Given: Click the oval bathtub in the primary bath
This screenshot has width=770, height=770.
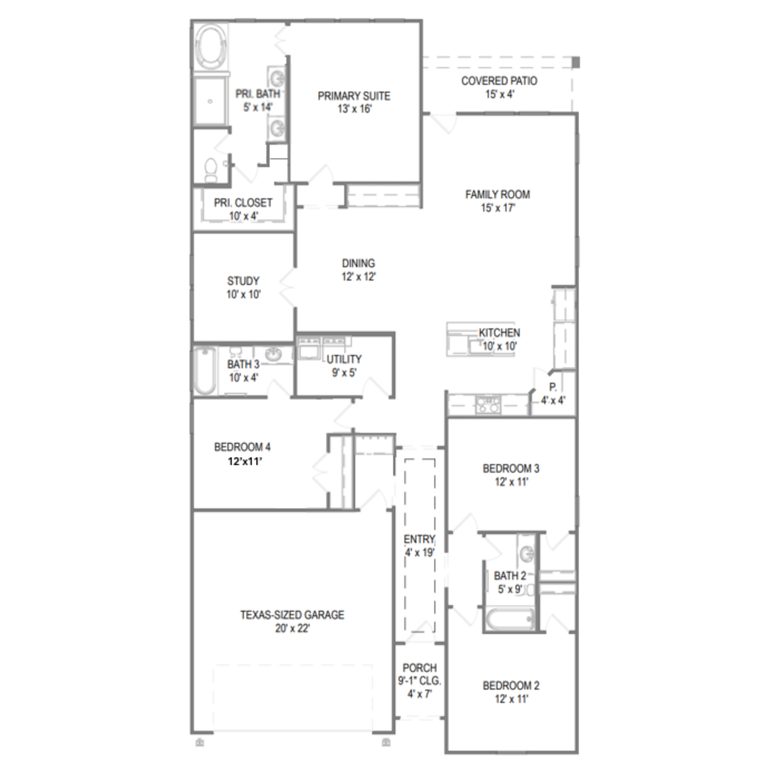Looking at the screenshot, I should coord(211,47).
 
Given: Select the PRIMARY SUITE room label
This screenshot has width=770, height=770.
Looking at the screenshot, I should coord(354,96).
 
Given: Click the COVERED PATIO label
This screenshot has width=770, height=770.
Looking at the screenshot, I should coord(499,81).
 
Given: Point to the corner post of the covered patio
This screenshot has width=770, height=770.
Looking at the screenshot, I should coord(576,63).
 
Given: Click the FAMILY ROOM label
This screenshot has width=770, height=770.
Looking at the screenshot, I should coord(497,195).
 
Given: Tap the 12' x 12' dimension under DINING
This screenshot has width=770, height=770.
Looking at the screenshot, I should coord(358,277).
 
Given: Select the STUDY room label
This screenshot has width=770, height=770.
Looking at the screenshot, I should coord(243,281).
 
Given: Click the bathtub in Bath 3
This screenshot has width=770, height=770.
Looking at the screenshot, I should coord(205,371).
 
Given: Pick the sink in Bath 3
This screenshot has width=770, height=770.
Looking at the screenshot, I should coord(274,355).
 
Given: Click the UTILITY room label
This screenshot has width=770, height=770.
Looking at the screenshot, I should coord(344,359).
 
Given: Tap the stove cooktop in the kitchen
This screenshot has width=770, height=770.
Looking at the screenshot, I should coord(488,405).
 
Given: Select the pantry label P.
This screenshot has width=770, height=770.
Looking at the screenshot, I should coord(553,387).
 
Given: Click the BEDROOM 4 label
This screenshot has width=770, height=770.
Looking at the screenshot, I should coord(242,447).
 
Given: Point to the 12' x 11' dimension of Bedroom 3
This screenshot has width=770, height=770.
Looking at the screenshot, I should coord(511,482).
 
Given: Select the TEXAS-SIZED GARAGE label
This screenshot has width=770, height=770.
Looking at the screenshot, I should coord(292,615).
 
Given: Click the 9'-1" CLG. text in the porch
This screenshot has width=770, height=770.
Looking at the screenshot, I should coord(419,681).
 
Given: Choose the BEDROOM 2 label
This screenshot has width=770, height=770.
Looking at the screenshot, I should coord(511,685).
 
